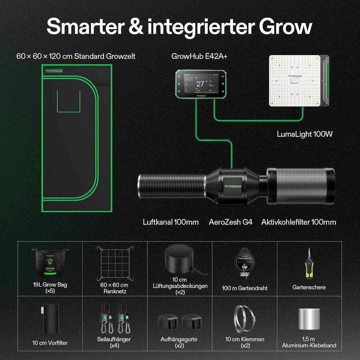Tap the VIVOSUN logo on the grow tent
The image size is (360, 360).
click(x=54, y=71)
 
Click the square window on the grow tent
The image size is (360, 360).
click(x=68, y=101)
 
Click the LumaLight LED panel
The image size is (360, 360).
click(x=295, y=81)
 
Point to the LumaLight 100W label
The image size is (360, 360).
click(x=305, y=134)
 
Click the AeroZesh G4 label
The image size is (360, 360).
click(x=230, y=222)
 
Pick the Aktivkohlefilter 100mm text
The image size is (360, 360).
click(x=298, y=222)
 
